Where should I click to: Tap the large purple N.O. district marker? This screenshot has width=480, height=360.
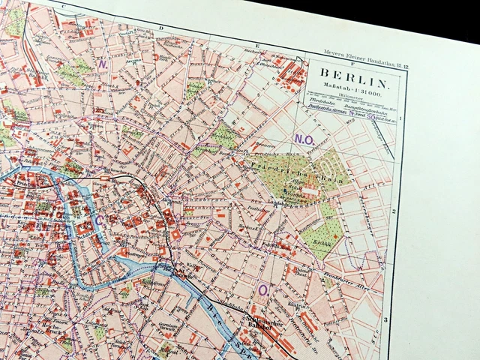pos(303,139)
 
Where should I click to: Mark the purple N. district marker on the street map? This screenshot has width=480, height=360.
pos(103,64)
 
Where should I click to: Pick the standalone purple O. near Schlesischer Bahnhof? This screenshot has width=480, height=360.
pos(263,289)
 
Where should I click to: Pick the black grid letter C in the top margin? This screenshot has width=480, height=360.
pos(63,7)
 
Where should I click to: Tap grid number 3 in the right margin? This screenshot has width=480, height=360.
pos(384,320)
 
